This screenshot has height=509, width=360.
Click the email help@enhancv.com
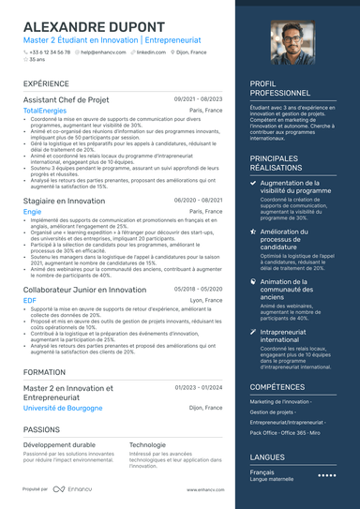(x=102, y=52)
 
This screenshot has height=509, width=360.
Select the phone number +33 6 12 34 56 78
(x=50, y=52)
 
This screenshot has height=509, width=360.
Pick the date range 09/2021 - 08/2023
(x=198, y=98)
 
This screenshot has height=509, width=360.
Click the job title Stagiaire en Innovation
(x=64, y=201)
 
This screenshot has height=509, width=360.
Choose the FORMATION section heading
(x=44, y=372)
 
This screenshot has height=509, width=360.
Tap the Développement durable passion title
(x=59, y=444)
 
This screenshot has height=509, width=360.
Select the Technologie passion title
(x=147, y=444)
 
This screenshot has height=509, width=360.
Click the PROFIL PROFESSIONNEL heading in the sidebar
(x=280, y=88)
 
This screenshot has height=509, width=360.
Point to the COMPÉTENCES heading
(x=277, y=386)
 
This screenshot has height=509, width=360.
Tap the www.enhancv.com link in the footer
(x=204, y=489)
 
